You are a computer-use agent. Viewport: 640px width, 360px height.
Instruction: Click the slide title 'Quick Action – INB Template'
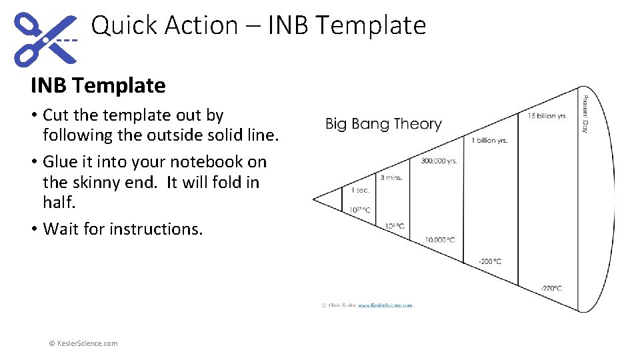tap(258, 26)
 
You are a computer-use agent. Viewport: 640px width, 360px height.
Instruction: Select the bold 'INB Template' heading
tap(98, 85)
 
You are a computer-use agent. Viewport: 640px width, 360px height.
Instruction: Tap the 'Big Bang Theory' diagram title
tap(383, 124)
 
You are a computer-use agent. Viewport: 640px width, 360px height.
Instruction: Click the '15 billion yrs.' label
tap(547, 116)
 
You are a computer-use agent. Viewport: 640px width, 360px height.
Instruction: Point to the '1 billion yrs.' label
tap(490, 141)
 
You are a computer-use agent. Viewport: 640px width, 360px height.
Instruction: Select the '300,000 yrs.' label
tap(439, 161)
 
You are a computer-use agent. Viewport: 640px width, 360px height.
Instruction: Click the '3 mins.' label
tap(391, 177)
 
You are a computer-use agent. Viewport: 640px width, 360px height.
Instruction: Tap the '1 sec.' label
tap(360, 191)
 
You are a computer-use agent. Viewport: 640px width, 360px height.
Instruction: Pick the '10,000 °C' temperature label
tap(441, 240)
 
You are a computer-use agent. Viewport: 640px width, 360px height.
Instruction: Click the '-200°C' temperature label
tap(490, 261)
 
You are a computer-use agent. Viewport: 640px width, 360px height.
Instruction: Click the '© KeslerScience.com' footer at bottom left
tap(83, 343)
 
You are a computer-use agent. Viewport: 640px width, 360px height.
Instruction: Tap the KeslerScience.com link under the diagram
tap(385, 305)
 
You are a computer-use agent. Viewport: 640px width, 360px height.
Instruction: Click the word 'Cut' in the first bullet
tap(56, 115)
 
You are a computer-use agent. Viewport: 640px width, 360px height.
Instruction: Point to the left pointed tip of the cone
tap(314, 199)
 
